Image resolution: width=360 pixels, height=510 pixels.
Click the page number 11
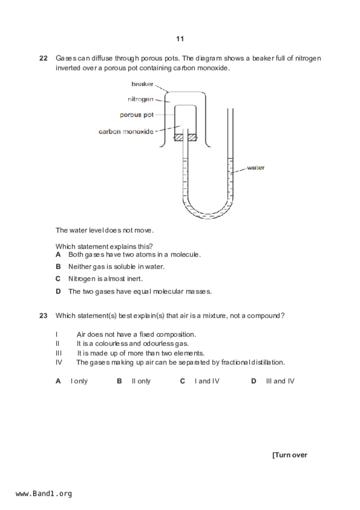(180, 39)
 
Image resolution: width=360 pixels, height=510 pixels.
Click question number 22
(43, 58)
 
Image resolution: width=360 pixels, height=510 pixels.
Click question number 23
(43, 315)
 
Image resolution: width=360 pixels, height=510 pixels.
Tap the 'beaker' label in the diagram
(142, 84)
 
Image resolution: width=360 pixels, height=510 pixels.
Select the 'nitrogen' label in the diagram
(141, 99)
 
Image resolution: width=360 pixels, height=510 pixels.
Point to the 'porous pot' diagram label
(137, 115)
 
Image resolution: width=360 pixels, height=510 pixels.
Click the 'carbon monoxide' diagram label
(126, 131)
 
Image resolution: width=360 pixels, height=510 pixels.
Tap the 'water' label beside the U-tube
(256, 167)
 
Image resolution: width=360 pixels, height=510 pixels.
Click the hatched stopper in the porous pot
(185, 137)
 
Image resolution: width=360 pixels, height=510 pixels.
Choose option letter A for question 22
(58, 255)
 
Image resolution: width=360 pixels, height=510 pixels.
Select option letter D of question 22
(58, 291)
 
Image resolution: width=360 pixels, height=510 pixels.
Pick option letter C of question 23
(182, 381)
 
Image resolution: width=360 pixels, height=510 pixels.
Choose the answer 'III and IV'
(280, 381)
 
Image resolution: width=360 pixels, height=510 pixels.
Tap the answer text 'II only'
(141, 381)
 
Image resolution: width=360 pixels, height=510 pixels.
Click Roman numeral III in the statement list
(58, 353)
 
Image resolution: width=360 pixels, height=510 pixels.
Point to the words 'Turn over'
(290, 455)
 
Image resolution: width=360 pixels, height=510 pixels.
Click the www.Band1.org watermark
(44, 494)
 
